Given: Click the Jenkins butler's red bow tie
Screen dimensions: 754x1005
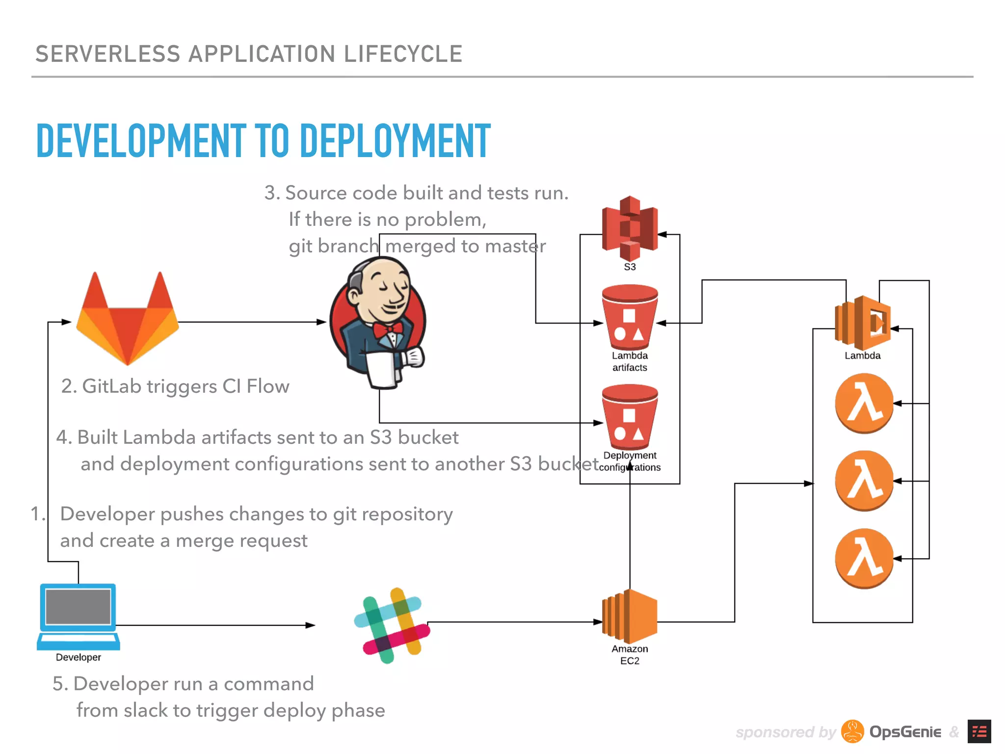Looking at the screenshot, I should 388,329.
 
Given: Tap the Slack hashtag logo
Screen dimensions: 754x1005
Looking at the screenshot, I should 392,625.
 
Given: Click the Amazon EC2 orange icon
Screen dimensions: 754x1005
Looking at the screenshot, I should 630,616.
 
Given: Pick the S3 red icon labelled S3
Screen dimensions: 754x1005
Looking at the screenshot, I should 630,228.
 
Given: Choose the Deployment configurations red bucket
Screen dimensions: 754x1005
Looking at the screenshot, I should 630,417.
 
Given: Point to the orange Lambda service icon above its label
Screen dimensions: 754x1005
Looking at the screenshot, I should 863,321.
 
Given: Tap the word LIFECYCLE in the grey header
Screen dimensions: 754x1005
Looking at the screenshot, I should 403,54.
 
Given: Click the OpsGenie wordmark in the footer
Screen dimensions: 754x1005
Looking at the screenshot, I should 905,732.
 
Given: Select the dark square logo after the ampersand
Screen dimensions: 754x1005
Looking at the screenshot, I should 979,731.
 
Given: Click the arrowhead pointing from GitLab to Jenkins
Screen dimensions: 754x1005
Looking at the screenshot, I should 322,322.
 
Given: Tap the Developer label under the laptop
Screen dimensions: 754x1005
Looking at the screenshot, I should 78,657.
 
